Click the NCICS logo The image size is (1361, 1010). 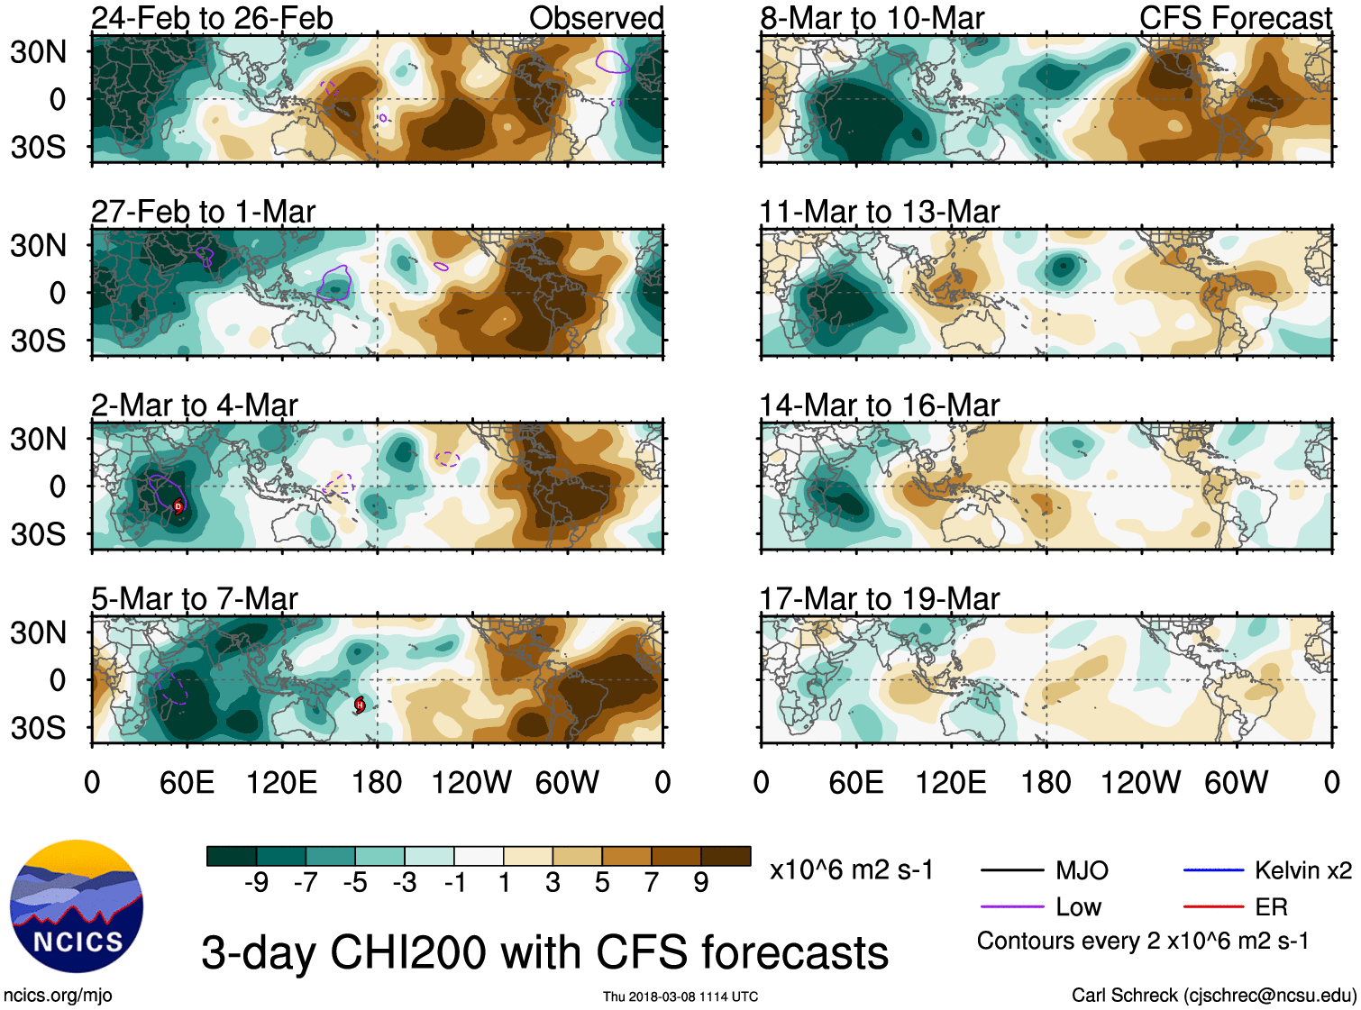77,906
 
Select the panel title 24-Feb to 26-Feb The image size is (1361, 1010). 212,18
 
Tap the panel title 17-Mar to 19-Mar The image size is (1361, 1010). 879,599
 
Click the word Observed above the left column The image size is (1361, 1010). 596,18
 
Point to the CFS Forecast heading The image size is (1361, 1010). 1235,18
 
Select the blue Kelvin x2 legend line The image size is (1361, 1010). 1213,870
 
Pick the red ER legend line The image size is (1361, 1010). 1213,907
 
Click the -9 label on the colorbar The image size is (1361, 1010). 256,883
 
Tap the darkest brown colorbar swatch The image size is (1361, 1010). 726,856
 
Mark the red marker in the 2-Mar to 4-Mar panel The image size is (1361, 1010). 178,506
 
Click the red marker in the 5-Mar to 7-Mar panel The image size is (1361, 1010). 360,705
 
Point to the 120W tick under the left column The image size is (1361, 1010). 471,782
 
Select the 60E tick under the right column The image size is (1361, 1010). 855,782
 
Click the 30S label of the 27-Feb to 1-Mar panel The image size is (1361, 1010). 38,341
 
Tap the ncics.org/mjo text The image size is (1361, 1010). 58,995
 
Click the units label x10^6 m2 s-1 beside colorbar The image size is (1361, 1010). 851,870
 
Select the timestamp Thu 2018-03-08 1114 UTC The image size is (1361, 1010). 680,996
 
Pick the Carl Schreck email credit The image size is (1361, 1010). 1213,995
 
